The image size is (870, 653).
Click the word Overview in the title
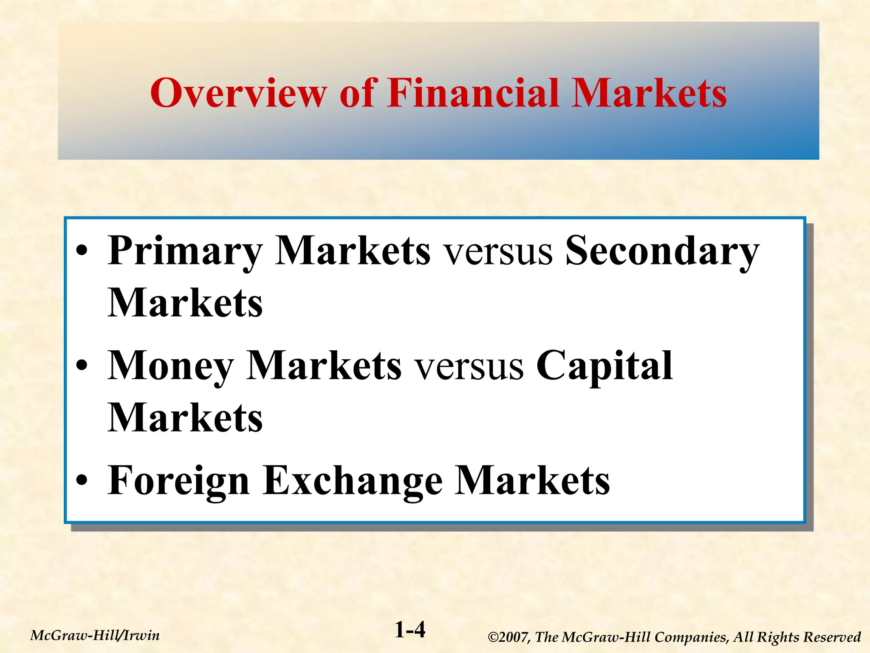click(238, 93)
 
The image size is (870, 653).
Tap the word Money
click(170, 366)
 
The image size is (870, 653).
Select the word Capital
click(604, 366)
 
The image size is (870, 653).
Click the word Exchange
click(352, 481)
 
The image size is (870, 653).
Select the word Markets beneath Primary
click(185, 303)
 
